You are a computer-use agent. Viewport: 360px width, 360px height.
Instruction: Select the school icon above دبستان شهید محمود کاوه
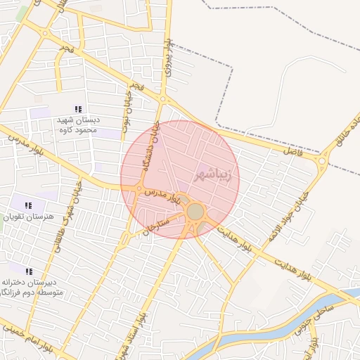pos(78,109)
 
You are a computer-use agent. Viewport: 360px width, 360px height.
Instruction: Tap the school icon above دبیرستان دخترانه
pos(29,271)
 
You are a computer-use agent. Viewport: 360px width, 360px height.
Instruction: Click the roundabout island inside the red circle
pos(195,211)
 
